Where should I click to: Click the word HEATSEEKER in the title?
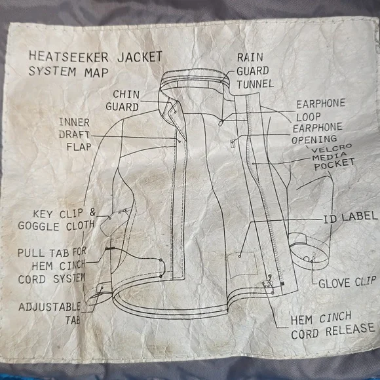(68, 57)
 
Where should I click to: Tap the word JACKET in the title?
(140, 57)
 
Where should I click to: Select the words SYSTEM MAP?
(68, 72)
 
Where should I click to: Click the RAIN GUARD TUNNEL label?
(255, 71)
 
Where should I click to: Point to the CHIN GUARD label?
(123, 101)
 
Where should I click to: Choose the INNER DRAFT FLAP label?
(75, 134)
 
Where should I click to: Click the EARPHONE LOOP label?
(320, 110)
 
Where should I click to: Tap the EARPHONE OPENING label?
(316, 134)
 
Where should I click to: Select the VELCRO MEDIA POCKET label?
(333, 157)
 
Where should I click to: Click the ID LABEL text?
(351, 217)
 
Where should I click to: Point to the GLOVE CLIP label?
(347, 282)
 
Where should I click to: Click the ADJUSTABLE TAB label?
(49, 313)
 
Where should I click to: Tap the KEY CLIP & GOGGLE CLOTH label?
(57, 219)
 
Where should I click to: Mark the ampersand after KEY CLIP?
(92, 212)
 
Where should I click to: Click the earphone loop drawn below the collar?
(221, 123)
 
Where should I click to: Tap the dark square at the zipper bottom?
(282, 284)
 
